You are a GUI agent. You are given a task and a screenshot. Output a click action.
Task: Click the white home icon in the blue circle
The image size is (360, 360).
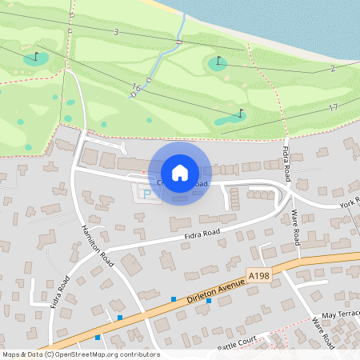coord(180,172)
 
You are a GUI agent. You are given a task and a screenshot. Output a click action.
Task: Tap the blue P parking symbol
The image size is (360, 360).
coord(146,193)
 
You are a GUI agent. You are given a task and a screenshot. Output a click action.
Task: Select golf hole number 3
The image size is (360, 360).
coord(116,32)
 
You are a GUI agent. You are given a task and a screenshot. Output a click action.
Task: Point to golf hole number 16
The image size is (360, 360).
coord(136,87)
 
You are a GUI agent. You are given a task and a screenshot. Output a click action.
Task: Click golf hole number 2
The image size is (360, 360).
coord(331,69)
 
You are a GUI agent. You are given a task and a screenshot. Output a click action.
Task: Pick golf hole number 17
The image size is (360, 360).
coord(333,107)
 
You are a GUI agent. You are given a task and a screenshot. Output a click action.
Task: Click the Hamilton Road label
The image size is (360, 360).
coord(98,243)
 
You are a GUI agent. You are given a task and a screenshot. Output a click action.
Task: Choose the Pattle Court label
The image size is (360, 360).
coord(237,342)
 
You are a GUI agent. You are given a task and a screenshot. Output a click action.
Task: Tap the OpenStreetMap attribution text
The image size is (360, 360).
coord(81,354)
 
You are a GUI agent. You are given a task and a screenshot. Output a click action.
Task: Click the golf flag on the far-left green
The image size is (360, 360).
coord(36,57)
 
